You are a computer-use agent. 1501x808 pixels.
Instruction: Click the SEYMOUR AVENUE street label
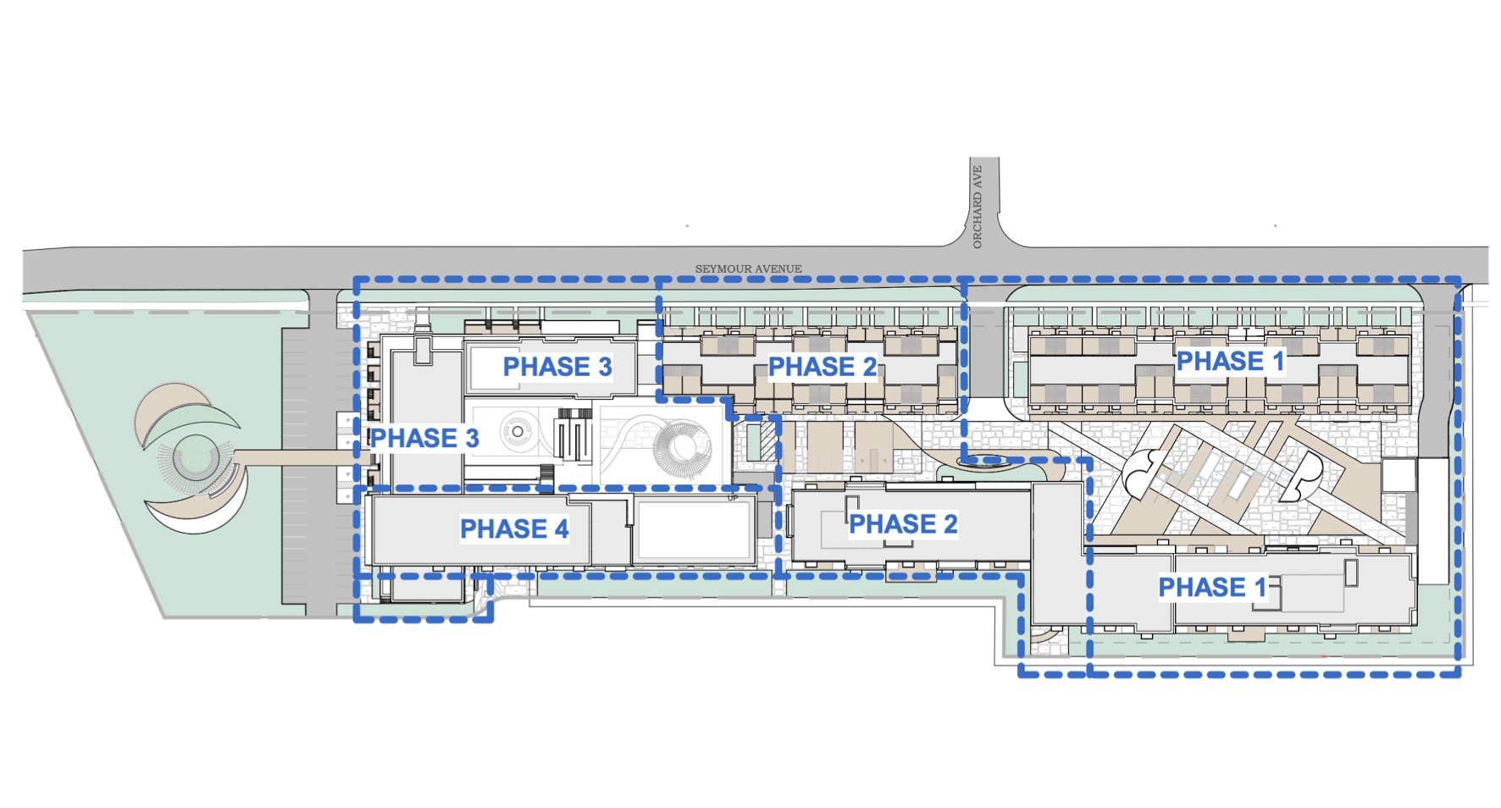(x=748, y=268)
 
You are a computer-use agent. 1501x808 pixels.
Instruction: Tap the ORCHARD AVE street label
(x=977, y=207)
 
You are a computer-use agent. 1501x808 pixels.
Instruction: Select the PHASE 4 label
(x=514, y=529)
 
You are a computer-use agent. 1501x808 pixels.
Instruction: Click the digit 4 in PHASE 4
(x=561, y=529)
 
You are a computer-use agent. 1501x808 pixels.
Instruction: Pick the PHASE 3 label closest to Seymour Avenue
(x=557, y=367)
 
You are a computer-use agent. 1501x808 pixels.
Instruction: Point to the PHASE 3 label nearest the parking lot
(x=424, y=438)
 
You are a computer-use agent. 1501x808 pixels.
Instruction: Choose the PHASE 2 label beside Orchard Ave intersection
(x=822, y=367)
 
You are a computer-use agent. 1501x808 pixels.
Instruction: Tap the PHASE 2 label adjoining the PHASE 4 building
(x=903, y=524)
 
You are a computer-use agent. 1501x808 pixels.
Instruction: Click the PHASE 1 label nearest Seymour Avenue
(x=1230, y=361)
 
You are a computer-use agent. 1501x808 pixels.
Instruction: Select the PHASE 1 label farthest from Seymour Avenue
(x=1212, y=587)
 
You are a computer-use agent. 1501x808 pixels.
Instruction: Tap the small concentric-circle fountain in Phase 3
(x=517, y=432)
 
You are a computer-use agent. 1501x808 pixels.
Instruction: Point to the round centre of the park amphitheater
(x=196, y=458)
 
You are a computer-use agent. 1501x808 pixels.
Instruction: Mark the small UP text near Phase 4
(x=733, y=498)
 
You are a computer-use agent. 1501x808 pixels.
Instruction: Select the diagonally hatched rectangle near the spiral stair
(x=769, y=440)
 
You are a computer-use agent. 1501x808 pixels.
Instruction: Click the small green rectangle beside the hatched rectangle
(x=753, y=440)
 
